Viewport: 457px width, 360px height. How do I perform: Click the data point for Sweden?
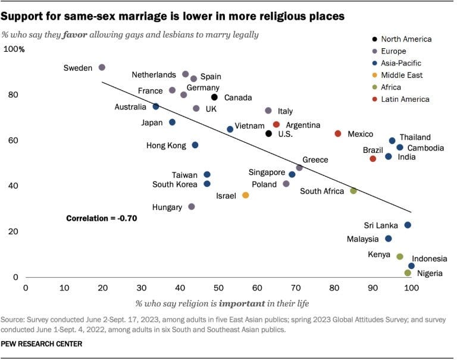(x=102, y=68)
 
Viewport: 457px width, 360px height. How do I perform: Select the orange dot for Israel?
(x=245, y=195)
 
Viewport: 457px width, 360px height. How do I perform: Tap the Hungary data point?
(x=192, y=206)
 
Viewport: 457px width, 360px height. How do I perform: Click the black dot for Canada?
(x=214, y=97)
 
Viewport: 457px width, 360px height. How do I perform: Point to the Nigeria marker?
(x=408, y=273)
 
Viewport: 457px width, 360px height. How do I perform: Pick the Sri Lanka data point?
(x=408, y=225)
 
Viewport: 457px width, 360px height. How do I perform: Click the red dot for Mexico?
(x=338, y=134)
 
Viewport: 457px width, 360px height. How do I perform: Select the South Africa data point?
(x=353, y=191)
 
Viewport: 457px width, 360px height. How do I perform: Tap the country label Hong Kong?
(x=167, y=145)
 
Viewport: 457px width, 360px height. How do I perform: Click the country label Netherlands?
(x=154, y=75)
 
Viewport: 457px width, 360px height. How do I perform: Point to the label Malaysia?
(x=362, y=239)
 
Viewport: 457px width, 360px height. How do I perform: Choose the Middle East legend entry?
(x=402, y=75)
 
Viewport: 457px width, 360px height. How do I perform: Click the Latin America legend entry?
(x=406, y=99)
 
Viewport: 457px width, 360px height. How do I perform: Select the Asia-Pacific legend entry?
(x=402, y=63)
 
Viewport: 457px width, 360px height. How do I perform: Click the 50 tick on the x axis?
(x=218, y=287)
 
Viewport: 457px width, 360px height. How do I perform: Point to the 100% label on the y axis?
(x=14, y=49)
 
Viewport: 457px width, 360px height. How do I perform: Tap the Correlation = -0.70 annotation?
(x=102, y=218)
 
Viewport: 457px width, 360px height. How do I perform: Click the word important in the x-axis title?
(x=240, y=303)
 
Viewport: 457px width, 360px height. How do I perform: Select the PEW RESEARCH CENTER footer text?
(x=41, y=344)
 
